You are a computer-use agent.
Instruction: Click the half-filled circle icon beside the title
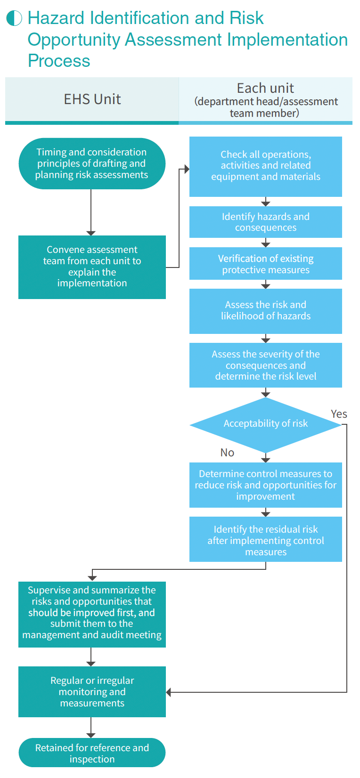click(14, 18)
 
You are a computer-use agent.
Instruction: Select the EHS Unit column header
click(92, 99)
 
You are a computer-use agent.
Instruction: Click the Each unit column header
click(265, 100)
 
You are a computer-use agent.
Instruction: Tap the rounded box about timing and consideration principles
click(92, 163)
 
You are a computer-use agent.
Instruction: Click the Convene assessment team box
click(92, 267)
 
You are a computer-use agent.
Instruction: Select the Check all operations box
click(265, 166)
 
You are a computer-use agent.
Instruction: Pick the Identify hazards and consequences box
click(265, 222)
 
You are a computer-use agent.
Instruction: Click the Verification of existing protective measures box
click(265, 264)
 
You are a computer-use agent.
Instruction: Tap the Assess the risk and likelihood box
click(265, 311)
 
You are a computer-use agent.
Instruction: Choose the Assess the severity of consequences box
click(265, 365)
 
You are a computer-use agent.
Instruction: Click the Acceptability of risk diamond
click(265, 424)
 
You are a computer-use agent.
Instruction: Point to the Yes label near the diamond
click(339, 414)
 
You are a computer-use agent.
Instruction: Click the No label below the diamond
click(227, 453)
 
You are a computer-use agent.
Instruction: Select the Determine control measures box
click(265, 485)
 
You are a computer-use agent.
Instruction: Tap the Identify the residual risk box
click(265, 540)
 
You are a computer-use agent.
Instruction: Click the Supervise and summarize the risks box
click(92, 613)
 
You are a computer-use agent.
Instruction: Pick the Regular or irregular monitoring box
click(92, 692)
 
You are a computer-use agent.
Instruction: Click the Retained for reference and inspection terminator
click(92, 753)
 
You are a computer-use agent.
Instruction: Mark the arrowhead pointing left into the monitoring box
click(169, 692)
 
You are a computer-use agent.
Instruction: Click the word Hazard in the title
click(57, 18)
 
